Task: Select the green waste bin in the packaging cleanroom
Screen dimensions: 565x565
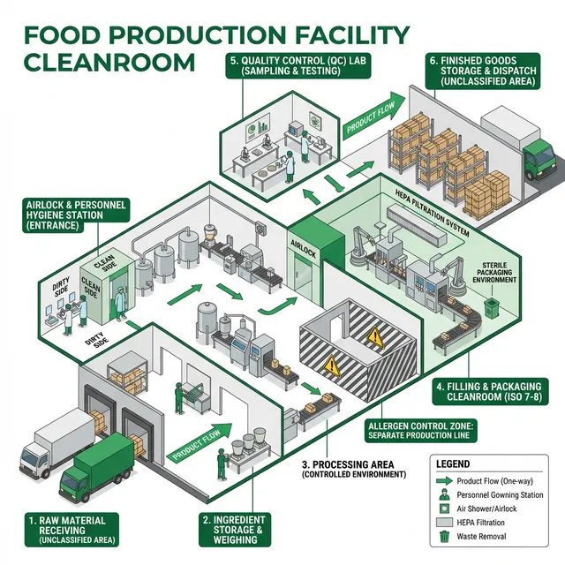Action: (x=491, y=306)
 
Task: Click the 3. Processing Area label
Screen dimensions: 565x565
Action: (x=353, y=469)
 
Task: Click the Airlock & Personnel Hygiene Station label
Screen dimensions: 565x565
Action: (x=77, y=215)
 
